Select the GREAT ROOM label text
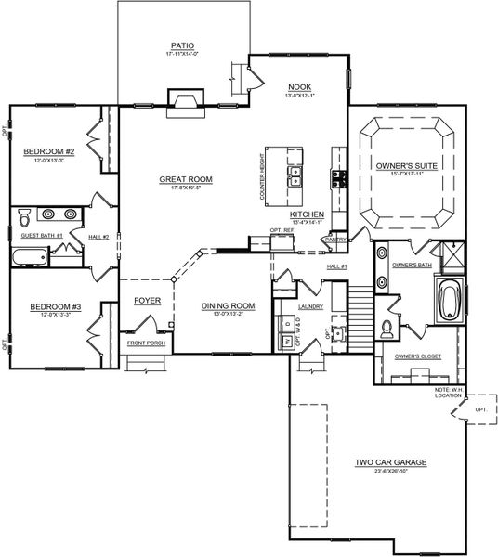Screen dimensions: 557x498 pos(186,179)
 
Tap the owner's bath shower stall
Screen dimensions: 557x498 pos(452,253)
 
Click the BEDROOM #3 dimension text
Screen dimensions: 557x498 pos(48,316)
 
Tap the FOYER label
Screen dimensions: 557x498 pos(148,300)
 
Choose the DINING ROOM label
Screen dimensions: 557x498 pos(228,305)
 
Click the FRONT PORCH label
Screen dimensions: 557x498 pos(147,343)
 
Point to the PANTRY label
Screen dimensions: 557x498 pos(334,240)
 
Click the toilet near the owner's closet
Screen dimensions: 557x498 pos(387,327)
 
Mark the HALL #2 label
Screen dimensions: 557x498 pos(99,238)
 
